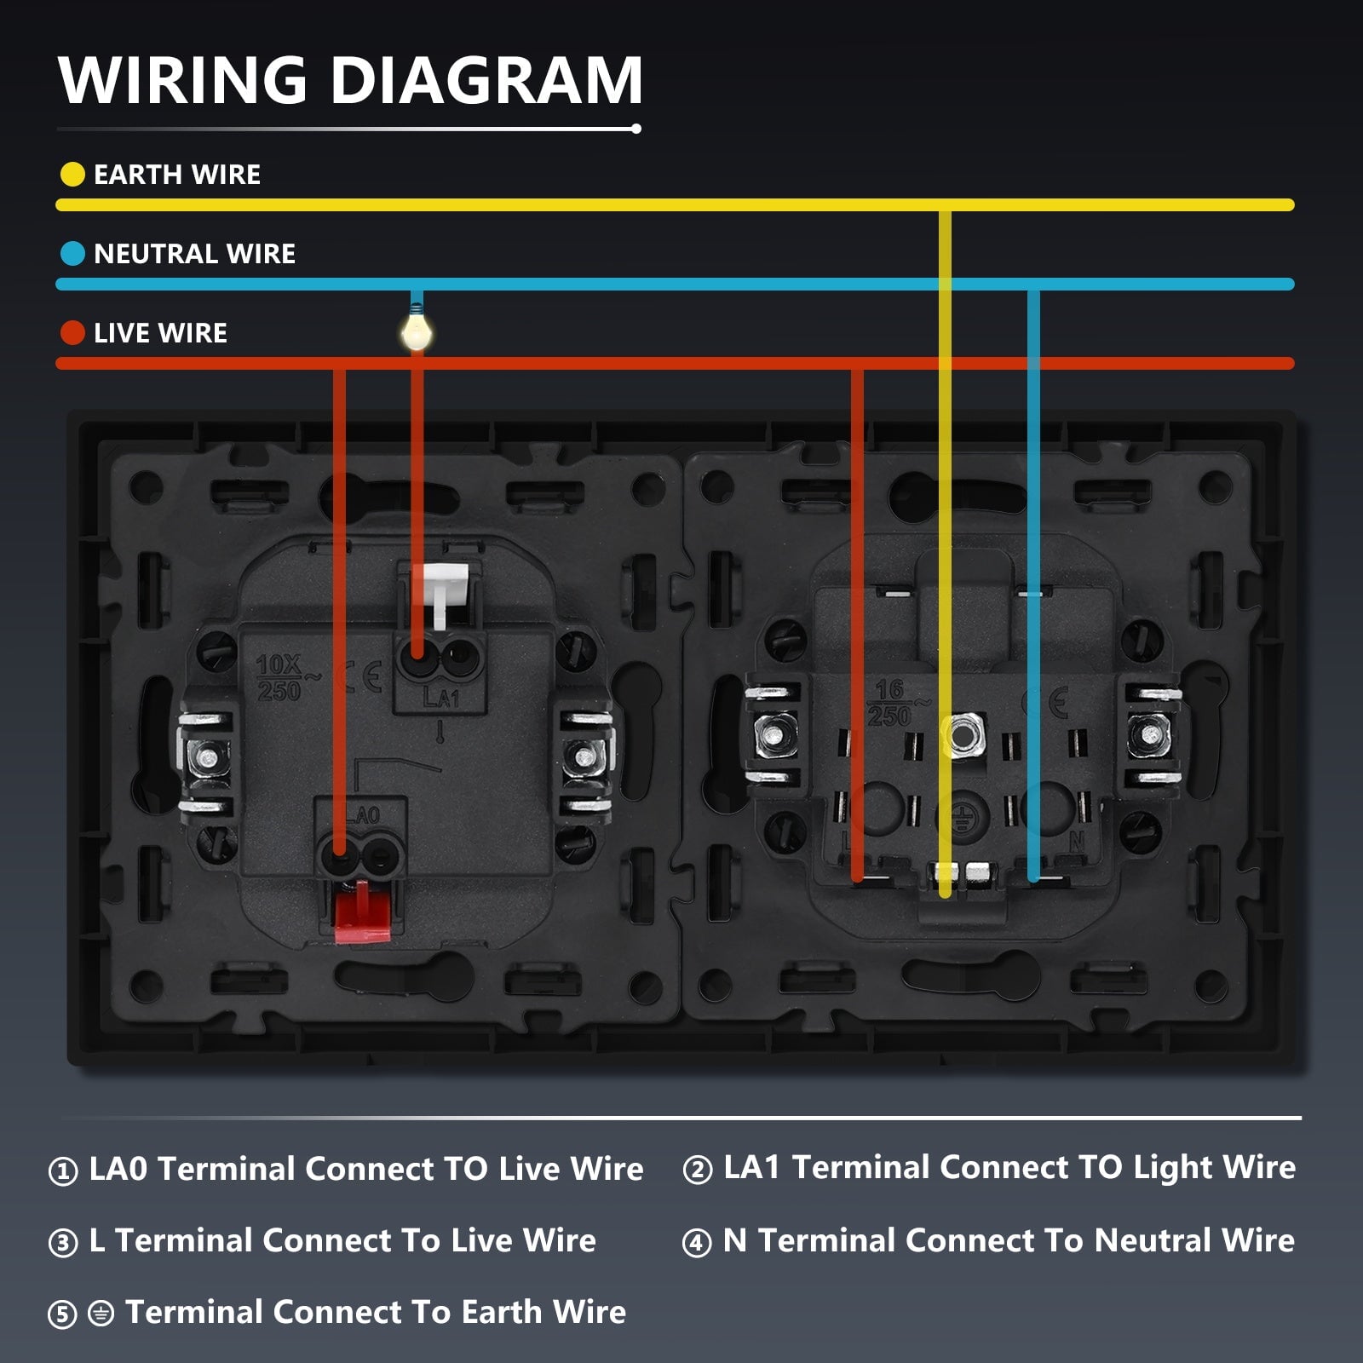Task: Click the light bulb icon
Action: click(416, 331)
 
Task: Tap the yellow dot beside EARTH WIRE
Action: click(72, 175)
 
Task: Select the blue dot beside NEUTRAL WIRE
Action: click(72, 254)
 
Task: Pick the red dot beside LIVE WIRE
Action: click(72, 333)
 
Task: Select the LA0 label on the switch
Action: click(364, 815)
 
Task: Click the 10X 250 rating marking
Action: click(279, 678)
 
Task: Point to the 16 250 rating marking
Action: click(889, 703)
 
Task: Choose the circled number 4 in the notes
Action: click(697, 1243)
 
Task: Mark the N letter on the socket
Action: click(1077, 841)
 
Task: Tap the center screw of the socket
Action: click(963, 733)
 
